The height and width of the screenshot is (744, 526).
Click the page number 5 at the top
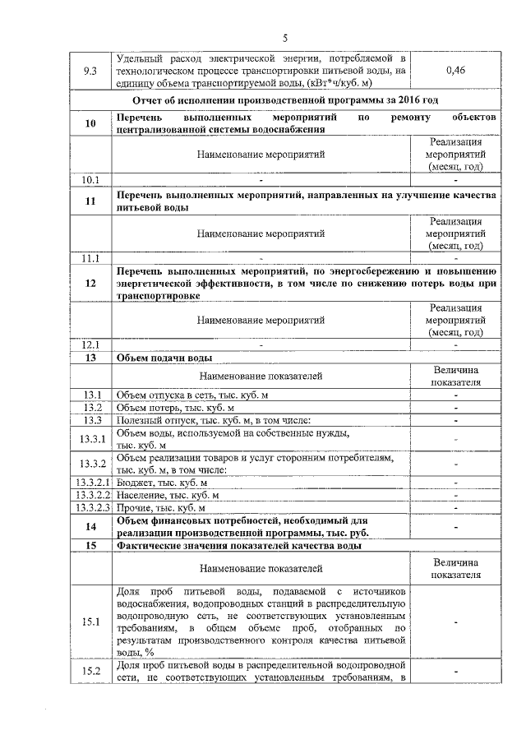284,37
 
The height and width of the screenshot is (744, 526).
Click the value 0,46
454,71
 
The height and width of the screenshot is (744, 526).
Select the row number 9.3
91,71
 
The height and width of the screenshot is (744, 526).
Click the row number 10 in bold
91,123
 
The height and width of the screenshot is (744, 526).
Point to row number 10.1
91,179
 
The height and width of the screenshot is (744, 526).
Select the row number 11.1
91,259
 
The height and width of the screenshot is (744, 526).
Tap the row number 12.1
91,345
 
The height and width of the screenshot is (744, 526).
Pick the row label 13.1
91,395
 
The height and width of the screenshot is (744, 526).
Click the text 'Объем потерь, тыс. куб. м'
176,408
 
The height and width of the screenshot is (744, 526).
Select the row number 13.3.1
93,439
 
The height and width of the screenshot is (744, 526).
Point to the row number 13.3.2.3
93,507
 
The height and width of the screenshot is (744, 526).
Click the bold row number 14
91,526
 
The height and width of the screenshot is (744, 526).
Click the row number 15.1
91,622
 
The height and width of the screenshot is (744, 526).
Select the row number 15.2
91,672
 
